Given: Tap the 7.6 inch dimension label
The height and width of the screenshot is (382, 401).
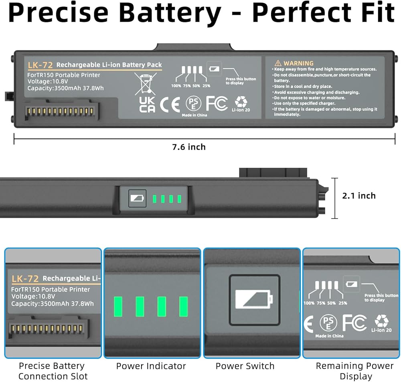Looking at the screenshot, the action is click(189, 147).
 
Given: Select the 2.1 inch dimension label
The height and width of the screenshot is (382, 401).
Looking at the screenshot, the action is click(359, 195).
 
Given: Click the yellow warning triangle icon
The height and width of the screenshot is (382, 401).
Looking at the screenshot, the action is click(278, 63).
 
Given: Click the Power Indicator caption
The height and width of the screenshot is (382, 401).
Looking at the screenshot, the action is click(151, 366).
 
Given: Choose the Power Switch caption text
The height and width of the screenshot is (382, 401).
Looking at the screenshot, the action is click(245, 366).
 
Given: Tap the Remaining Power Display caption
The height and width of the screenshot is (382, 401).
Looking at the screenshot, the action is click(355, 371).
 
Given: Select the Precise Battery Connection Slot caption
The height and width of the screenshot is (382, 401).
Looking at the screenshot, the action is click(52, 371).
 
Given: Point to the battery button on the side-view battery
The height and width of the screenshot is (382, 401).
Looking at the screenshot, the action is click(137, 198).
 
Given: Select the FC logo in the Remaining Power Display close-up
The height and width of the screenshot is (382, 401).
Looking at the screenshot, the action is click(354, 323).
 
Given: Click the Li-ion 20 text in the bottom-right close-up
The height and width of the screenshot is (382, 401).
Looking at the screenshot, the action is click(381, 330).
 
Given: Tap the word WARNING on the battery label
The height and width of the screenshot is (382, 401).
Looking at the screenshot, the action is click(298, 63).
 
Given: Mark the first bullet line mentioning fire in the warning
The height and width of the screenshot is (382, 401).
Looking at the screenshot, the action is click(325, 69).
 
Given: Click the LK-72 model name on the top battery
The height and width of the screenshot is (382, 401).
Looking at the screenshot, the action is click(38, 65).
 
